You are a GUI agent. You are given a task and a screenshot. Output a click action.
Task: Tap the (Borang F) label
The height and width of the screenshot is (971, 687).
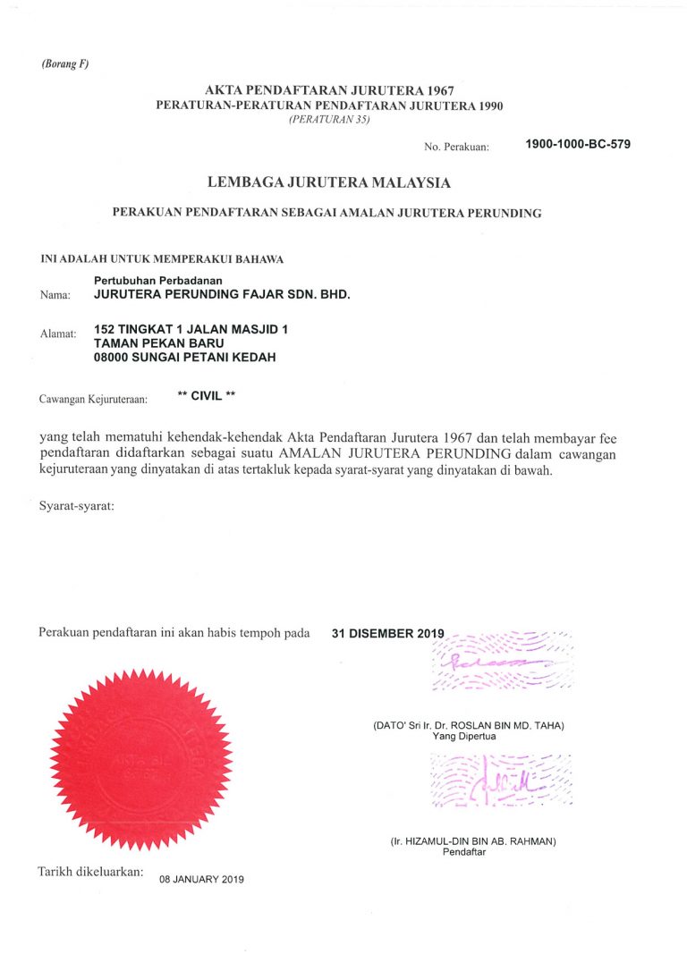coord(64,63)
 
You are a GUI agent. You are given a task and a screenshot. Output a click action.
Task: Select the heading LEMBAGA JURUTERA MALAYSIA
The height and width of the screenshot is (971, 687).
coord(329,182)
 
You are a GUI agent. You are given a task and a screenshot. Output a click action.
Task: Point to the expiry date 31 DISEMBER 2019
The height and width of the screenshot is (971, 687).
coord(387,633)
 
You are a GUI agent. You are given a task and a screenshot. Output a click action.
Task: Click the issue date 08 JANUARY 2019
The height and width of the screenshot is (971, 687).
coord(201,879)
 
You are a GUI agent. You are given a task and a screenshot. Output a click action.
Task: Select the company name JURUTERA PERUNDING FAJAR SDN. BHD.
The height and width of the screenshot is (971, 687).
coord(222,293)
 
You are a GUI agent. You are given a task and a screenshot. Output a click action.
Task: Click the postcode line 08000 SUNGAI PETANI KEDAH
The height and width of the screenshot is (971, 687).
coord(184,358)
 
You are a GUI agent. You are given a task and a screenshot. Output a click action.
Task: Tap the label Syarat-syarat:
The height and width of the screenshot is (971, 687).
coord(77,507)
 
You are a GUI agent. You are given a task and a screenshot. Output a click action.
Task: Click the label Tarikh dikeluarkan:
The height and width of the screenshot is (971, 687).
coord(89,871)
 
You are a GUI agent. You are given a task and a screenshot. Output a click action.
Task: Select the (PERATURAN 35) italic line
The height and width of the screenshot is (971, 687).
coord(329,119)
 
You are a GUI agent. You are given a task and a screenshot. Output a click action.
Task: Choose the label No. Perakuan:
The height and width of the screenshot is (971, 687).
coord(456,147)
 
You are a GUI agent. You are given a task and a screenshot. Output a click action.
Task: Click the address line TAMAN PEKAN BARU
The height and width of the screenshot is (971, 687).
coord(158,343)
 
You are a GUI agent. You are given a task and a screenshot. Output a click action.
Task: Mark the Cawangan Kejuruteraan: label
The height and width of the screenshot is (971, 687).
coord(92,399)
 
